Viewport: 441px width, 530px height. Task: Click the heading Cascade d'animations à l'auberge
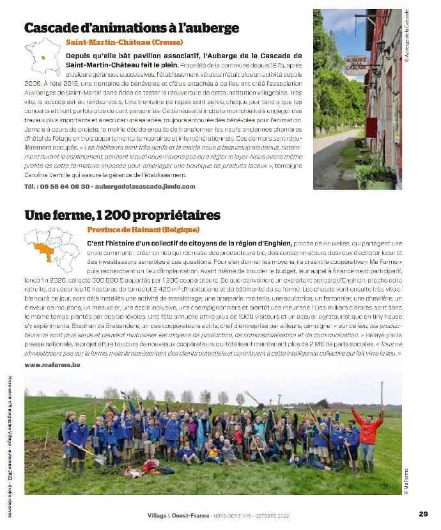(132, 28)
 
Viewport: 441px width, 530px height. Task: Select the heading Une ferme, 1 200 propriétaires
(122, 215)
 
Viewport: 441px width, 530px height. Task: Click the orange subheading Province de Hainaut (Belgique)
(143, 230)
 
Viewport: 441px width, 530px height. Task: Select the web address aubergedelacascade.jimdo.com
(144, 187)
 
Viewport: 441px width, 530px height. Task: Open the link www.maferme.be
(52, 364)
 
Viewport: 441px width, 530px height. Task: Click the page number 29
(423, 513)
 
